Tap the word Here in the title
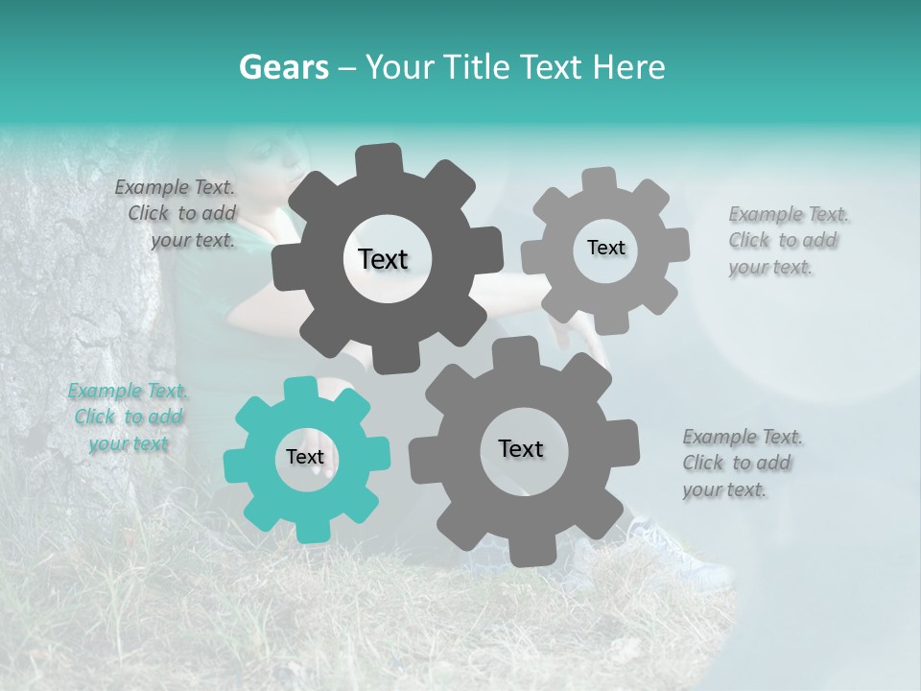click(x=630, y=67)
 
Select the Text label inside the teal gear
click(x=305, y=458)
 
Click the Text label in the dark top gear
click(x=384, y=259)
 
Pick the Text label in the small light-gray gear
click(x=605, y=248)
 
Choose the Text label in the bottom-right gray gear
click(x=521, y=449)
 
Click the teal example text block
click(x=127, y=417)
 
